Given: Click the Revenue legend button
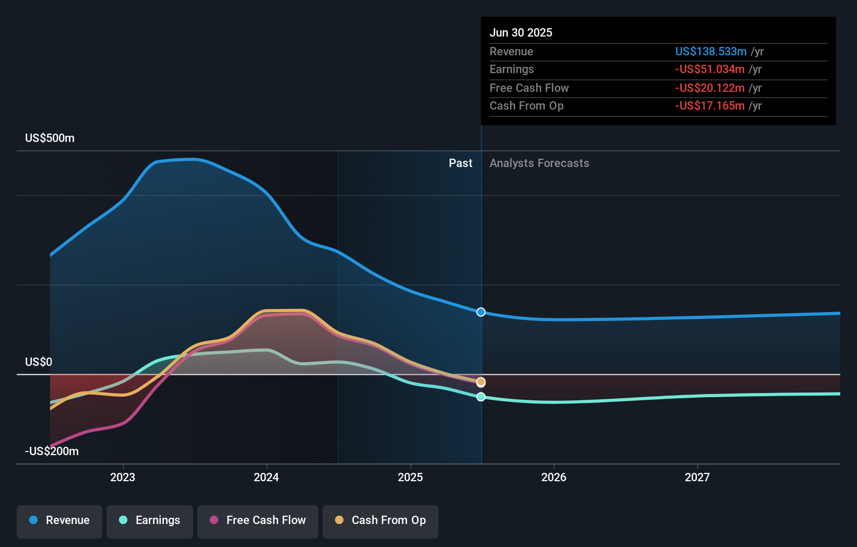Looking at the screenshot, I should tap(59, 520).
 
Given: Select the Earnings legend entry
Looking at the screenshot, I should tap(150, 520).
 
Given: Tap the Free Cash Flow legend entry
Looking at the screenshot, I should tap(258, 520).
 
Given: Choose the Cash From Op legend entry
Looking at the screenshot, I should tap(380, 520).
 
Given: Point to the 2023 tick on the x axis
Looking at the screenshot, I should tap(123, 477).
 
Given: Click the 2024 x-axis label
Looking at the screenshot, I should tap(266, 477).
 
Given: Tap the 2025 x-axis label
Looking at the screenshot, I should tap(410, 477).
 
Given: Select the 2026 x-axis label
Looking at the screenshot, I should tap(554, 477).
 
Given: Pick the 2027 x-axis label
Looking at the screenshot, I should tap(697, 477).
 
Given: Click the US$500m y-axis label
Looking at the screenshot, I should tap(50, 138).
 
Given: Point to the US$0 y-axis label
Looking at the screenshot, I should tap(39, 362).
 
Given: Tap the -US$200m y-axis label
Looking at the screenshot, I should tap(52, 451).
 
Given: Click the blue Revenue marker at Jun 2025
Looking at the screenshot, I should tap(481, 312).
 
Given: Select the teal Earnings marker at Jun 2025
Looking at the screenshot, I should tap(481, 397).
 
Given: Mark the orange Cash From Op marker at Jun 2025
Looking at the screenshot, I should tap(481, 382).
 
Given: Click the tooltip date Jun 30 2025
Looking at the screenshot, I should tap(520, 32).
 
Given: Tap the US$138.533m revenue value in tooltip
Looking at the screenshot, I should tap(710, 51).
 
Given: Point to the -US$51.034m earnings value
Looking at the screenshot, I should tap(709, 69).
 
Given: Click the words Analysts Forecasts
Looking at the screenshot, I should tap(539, 163).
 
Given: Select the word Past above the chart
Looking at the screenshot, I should tap(460, 163).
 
